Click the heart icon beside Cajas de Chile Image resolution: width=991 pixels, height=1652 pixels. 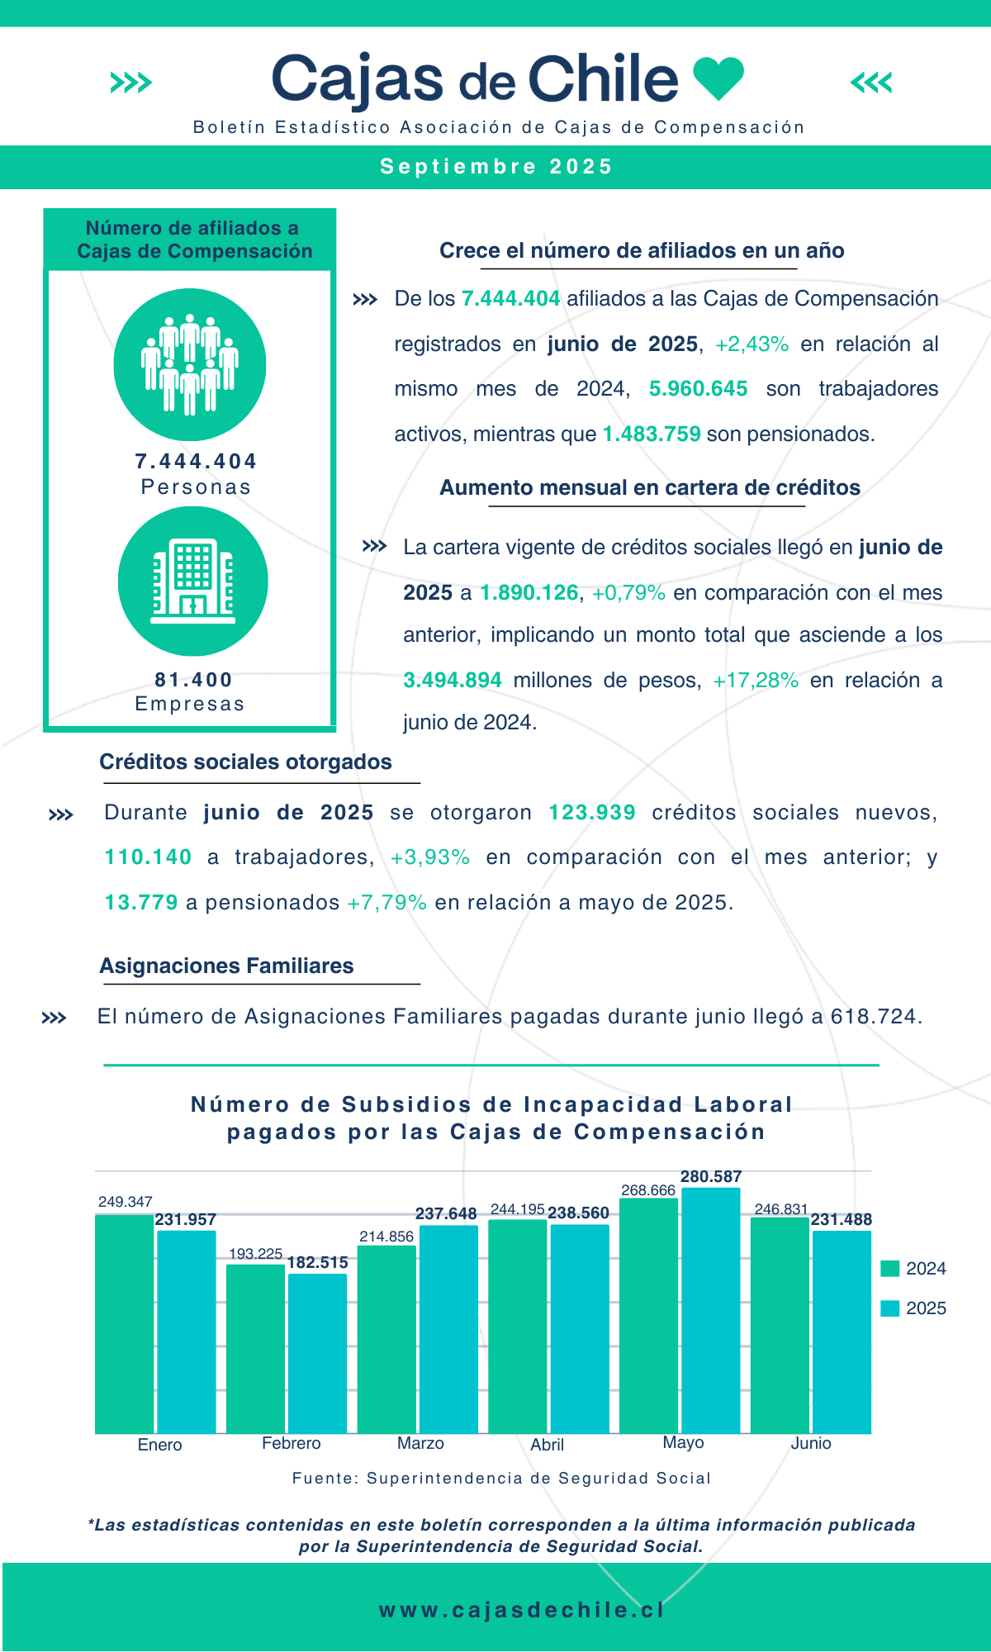[x=718, y=79]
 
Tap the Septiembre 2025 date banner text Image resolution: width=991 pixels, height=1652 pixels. [x=496, y=167]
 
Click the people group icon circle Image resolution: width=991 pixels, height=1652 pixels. [x=190, y=364]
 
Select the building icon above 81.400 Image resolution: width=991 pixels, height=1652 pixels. [x=193, y=582]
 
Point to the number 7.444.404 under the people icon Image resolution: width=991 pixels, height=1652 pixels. [x=196, y=461]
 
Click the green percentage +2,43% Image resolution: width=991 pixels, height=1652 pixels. [x=752, y=344]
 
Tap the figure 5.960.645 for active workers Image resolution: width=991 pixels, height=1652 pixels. [x=698, y=389]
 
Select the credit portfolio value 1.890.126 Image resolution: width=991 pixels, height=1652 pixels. [x=529, y=593]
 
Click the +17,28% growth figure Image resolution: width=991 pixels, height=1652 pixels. [x=756, y=681]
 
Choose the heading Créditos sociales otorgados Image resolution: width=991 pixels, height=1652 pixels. [x=245, y=762]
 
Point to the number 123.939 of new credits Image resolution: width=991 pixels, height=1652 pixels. [x=592, y=813]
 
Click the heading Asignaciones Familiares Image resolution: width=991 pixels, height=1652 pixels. [x=226, y=966]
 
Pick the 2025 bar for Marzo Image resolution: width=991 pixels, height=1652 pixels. [x=448, y=1329]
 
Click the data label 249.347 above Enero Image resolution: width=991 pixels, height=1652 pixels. [x=126, y=1202]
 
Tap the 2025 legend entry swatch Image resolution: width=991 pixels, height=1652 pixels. [x=890, y=1308]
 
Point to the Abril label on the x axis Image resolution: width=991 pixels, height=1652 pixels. [x=547, y=1445]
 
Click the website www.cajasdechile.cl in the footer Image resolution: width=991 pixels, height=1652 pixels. [x=522, y=1610]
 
